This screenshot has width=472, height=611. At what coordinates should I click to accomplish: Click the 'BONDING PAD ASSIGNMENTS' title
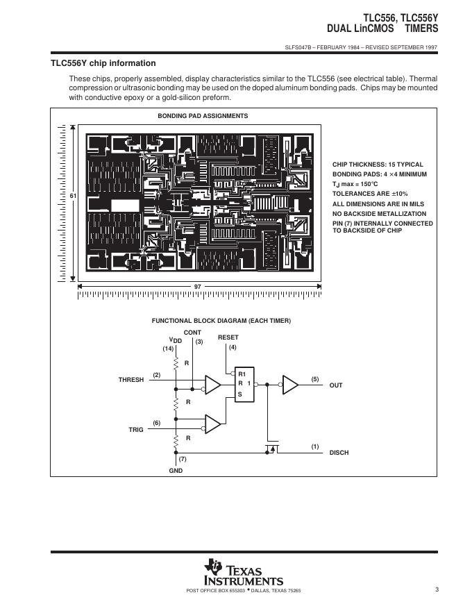click(x=203, y=116)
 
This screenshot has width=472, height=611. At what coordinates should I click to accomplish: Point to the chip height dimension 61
click(x=72, y=196)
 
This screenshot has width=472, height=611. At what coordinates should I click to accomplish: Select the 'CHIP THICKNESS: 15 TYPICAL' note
click(x=378, y=165)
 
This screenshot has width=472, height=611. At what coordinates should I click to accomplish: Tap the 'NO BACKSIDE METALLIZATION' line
click(x=379, y=214)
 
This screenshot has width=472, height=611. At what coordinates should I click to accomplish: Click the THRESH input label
click(x=130, y=380)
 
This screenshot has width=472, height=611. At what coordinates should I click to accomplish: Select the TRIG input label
click(x=135, y=430)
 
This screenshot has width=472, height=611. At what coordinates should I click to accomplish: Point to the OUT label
click(x=336, y=385)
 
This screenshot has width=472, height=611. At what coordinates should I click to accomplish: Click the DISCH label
click(x=339, y=453)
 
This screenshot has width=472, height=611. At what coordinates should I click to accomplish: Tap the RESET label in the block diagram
click(x=228, y=337)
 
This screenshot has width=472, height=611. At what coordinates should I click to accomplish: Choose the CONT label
click(x=192, y=333)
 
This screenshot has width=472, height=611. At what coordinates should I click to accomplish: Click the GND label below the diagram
click(x=175, y=471)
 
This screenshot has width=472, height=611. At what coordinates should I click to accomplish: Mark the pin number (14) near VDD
click(x=168, y=349)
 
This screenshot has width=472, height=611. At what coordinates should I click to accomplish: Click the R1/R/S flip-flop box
click(x=244, y=383)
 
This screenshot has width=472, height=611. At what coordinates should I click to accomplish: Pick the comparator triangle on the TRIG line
click(x=213, y=423)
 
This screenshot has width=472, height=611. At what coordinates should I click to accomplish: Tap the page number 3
click(x=437, y=590)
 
